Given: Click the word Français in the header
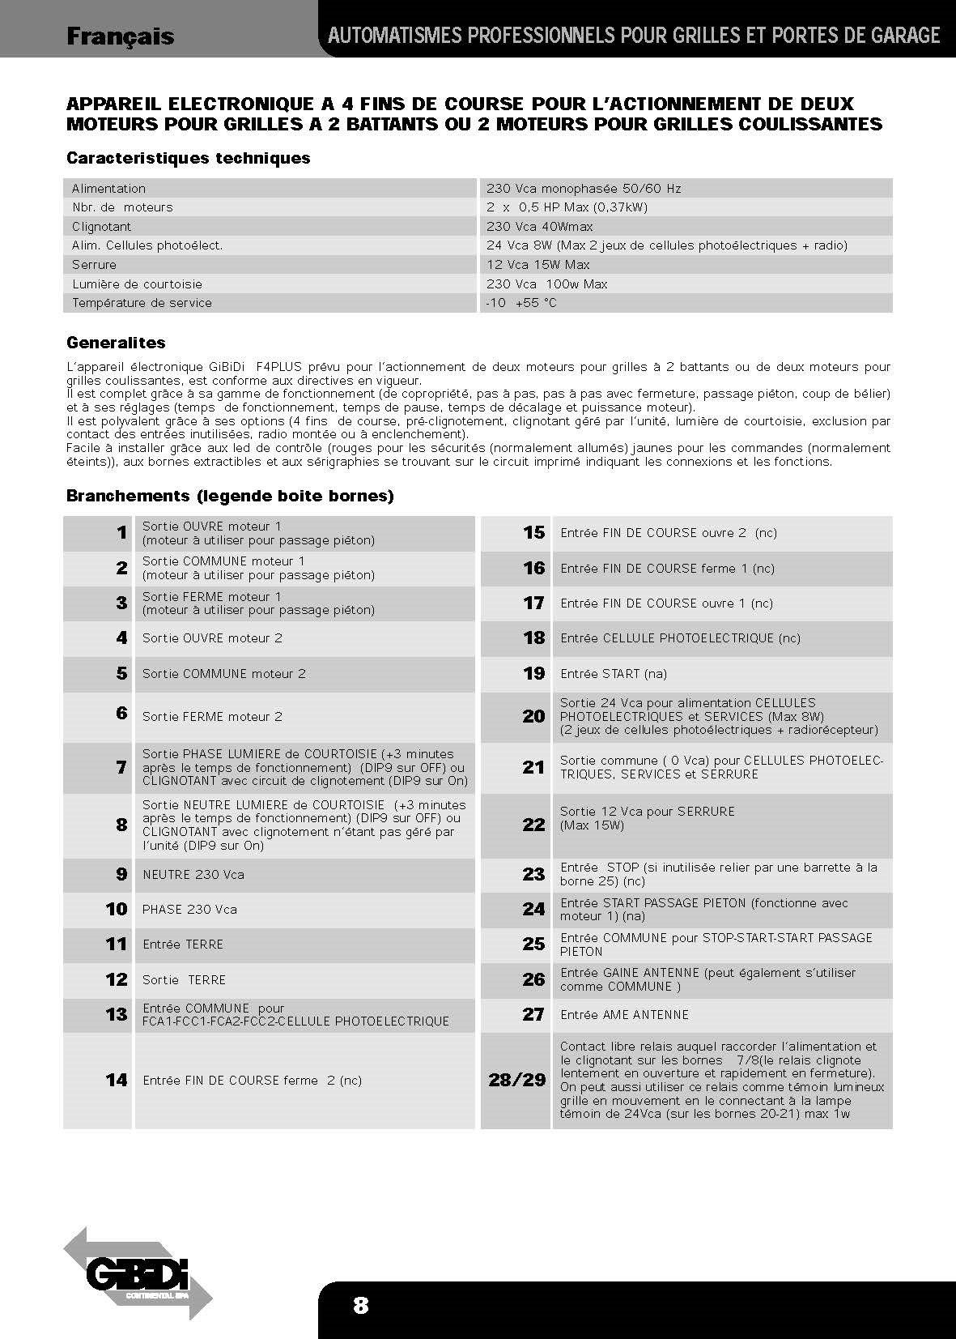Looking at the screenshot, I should click(120, 36).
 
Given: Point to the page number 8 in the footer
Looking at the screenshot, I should click(360, 1305).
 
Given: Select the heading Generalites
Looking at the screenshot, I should click(116, 343).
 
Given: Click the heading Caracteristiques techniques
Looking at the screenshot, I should click(188, 158).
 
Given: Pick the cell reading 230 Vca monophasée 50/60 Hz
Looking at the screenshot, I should click(584, 189).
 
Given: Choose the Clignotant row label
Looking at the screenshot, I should click(101, 227).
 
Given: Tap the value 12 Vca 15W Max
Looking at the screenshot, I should click(537, 265).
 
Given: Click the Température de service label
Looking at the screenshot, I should click(142, 303).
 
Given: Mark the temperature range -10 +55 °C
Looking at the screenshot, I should click(521, 303).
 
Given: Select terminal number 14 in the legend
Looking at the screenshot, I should click(116, 1080).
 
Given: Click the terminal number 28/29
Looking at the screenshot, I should click(516, 1080).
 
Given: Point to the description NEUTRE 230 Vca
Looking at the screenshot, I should click(193, 875).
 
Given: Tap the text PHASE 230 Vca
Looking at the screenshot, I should click(189, 910).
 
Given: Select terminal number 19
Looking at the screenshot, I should click(533, 674).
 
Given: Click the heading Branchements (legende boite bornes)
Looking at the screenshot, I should click(230, 496).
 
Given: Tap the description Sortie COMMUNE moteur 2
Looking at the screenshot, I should click(223, 674).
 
